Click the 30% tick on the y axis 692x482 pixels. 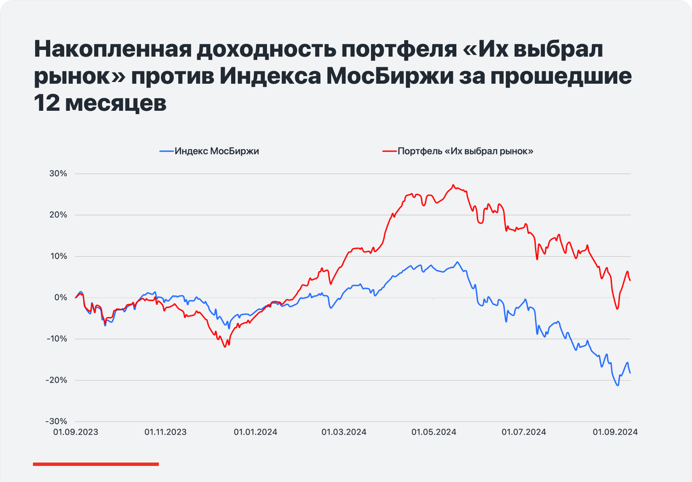click(58, 174)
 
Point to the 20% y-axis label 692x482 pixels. click(58, 215)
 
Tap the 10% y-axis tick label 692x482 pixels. click(58, 257)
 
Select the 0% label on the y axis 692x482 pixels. click(61, 298)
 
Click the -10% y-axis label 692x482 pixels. click(57, 339)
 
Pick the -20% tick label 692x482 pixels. click(57, 380)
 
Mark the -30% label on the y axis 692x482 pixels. click(57, 421)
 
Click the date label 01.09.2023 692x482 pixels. click(76, 432)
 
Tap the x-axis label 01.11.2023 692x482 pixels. click(166, 432)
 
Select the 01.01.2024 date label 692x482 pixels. click(255, 432)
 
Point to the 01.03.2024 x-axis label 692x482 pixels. click(344, 432)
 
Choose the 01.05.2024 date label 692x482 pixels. click(434, 432)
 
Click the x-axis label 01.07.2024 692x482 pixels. click(524, 432)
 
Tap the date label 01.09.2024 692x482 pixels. click(615, 432)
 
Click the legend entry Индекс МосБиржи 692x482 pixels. click(209, 151)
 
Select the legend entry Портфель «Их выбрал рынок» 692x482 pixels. click(458, 151)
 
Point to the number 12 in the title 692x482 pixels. click(47, 103)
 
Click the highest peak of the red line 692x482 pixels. click(453, 185)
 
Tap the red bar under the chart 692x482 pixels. click(96, 464)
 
